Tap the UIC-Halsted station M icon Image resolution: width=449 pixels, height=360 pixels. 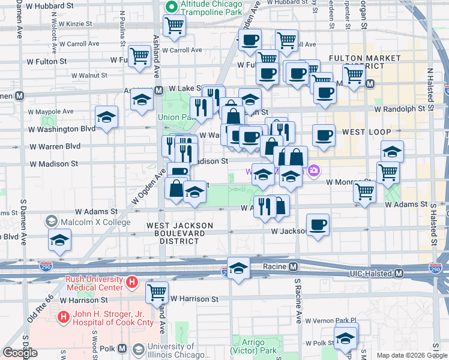[398, 274]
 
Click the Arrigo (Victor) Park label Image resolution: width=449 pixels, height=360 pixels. [256, 346]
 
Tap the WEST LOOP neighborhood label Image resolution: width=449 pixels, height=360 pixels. [366, 131]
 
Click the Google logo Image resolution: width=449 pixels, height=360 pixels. [20, 352]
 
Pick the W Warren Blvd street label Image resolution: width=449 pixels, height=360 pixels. [55, 146]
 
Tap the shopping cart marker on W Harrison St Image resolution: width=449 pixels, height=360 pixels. [157, 292]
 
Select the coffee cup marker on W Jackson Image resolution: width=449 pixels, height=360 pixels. [318, 224]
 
